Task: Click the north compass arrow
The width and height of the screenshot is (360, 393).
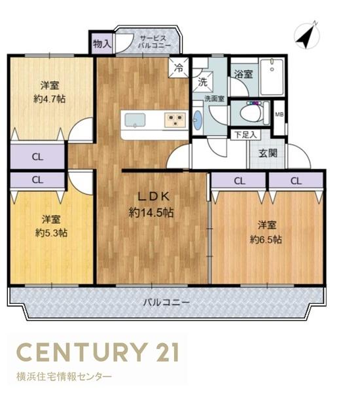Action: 306,37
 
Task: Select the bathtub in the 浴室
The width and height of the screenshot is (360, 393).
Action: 272,77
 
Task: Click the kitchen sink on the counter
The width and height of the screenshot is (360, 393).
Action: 135,121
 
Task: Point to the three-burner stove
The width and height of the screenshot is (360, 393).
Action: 175,120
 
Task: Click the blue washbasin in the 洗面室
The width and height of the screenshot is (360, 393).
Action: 198,120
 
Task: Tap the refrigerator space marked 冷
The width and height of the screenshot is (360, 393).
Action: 179,67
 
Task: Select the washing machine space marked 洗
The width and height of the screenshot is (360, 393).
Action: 203,82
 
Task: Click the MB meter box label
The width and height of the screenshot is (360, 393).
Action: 279,115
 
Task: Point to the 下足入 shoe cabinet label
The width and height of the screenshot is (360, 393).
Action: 245,135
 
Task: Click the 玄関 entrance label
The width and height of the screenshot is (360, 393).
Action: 268,153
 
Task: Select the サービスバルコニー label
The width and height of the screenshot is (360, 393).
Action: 154,42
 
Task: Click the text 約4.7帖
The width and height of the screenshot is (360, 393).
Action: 49,99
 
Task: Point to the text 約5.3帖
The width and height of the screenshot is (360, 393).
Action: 51,233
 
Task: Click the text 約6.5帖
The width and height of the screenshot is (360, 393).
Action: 266,240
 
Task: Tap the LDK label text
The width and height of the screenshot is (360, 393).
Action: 154,196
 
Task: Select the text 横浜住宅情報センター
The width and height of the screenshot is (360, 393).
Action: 64,377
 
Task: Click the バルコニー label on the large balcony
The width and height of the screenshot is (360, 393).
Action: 166,303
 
